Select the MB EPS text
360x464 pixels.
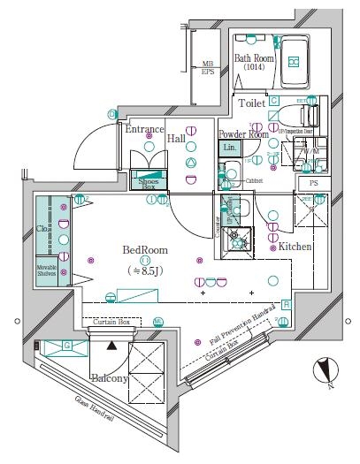(x=207, y=67)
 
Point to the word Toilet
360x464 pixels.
(x=251, y=103)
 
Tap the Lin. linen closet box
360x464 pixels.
(x=230, y=148)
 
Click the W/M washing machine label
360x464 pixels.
(x=310, y=151)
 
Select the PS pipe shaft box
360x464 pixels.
(x=313, y=183)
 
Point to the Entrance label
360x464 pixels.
(x=142, y=130)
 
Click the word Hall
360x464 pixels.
(x=177, y=139)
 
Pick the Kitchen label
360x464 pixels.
(x=295, y=247)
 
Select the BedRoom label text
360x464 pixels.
(x=141, y=249)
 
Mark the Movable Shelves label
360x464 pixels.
(x=50, y=269)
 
